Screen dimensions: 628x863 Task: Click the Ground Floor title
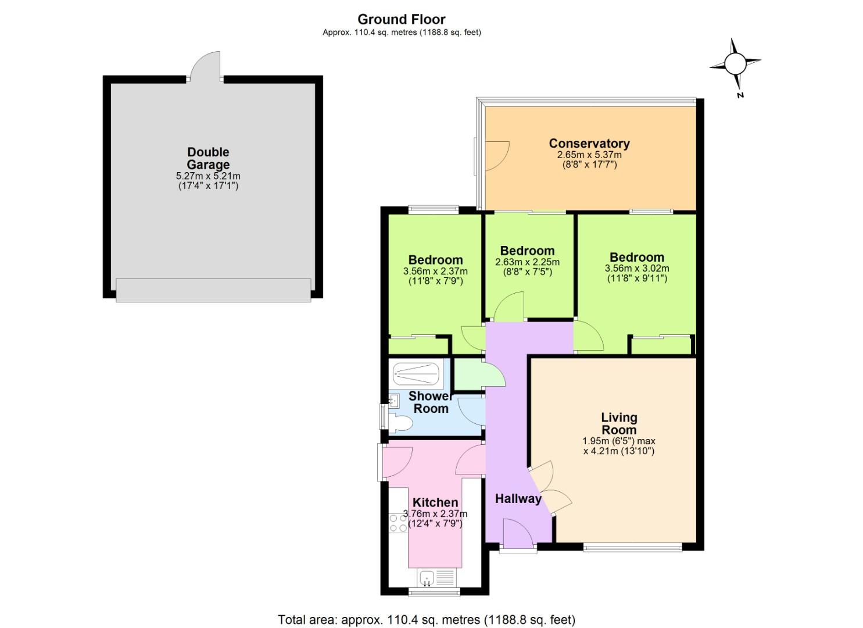coord(402,19)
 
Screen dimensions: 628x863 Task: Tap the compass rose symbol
coord(735,63)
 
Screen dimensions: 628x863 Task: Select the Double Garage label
coord(208,158)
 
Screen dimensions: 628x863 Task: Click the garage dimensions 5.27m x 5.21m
coord(208,176)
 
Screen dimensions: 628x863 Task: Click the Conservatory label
coord(589,143)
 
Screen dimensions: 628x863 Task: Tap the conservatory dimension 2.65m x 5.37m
coord(589,155)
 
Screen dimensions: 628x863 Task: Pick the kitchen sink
coord(428,578)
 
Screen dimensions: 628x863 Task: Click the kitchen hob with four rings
coord(398,522)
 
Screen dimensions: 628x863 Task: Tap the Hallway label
coord(518,498)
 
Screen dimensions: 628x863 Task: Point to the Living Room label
coord(619,423)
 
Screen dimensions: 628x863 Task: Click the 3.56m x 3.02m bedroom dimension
coord(637,269)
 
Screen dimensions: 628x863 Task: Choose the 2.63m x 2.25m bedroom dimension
coord(527,262)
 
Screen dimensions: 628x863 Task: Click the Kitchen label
coord(435,502)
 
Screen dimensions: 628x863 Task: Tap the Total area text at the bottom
coord(427,620)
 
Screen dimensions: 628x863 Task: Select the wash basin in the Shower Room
coord(393,400)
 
